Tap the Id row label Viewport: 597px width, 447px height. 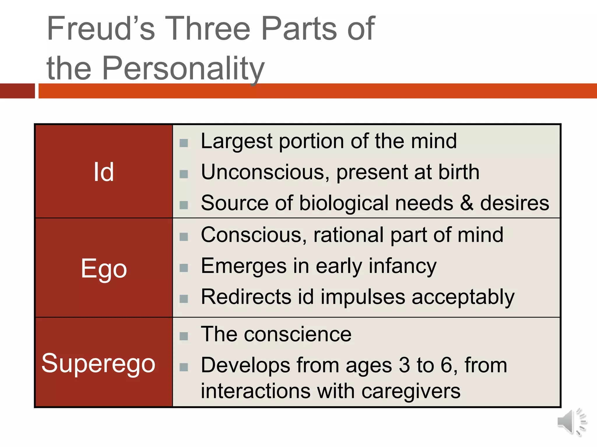click(103, 172)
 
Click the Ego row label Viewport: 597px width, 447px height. click(104, 269)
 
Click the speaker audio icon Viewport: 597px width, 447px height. click(572, 422)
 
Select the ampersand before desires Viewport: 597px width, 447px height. click(467, 203)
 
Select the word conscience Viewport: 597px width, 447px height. click(298, 334)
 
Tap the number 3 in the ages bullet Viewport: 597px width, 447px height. click(404, 365)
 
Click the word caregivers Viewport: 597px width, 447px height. click(411, 391)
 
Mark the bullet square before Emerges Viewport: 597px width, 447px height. click(184, 268)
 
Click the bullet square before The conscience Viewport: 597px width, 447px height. click(184, 336)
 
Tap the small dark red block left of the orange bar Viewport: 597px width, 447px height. click(17, 91)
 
